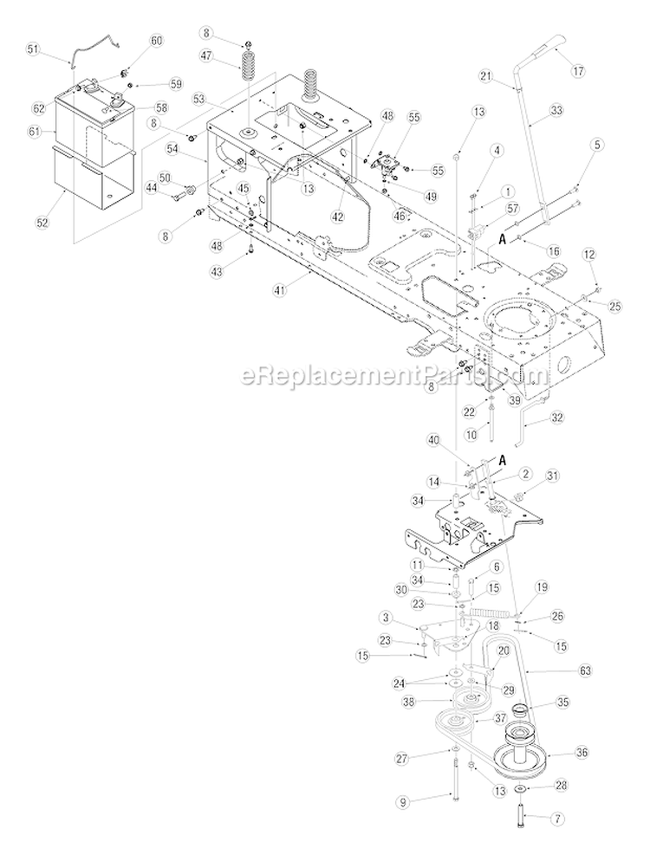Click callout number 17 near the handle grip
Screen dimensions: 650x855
[574, 70]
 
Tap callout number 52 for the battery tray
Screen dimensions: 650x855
[42, 223]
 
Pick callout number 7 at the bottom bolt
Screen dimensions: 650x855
[558, 833]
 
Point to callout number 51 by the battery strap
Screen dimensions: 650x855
[33, 49]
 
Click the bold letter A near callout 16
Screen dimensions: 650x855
[500, 237]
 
